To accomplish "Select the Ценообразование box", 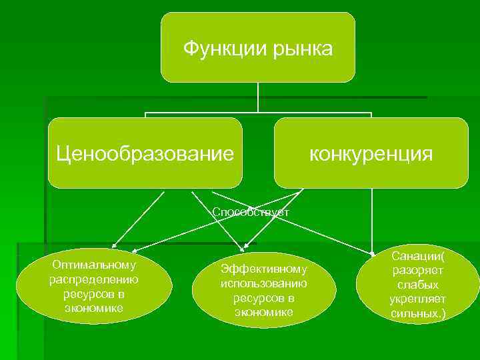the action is (145, 153).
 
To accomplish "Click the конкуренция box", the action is (371, 153).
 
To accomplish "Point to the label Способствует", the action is (251, 212).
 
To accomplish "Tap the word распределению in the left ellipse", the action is (94, 279).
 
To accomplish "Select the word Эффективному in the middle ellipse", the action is (264, 269).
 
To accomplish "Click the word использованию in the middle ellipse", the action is (263, 283).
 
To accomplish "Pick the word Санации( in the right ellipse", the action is (418, 257).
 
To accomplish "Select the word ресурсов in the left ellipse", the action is (94, 293).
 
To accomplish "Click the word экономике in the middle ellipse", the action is (263, 311).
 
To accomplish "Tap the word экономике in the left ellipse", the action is (94, 308).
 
